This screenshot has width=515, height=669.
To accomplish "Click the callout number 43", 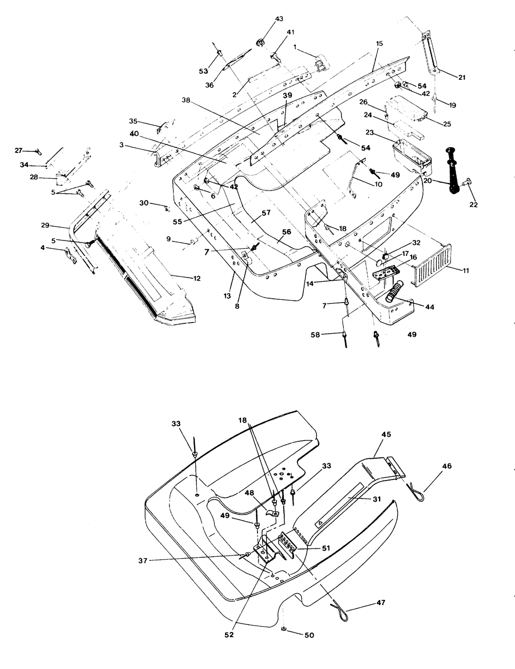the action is coord(279,19).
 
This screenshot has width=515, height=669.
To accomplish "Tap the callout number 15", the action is coord(379,43).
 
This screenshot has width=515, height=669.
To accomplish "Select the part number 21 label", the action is coord(462,77).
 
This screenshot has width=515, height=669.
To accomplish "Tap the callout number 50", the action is coord(310,635).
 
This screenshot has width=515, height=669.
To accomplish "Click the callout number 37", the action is coord(143,561).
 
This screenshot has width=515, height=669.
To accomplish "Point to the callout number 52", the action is coord(229,634).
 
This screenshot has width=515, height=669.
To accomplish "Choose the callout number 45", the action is coord(386,434).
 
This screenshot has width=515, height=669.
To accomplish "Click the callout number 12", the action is coord(197,278).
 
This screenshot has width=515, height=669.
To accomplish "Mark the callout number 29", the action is coord(45,226).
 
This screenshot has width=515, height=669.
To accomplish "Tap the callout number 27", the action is coord(19,150).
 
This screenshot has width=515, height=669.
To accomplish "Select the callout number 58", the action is coord(315,335).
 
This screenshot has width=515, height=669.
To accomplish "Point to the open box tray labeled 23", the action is coord(412,157).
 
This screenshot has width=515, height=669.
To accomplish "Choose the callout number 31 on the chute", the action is coord(377,499).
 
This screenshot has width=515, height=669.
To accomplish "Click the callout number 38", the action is coord(186,100).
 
